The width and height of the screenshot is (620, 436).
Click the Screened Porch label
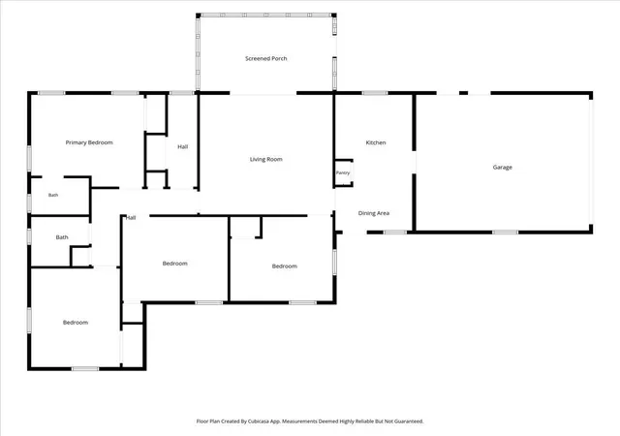265,58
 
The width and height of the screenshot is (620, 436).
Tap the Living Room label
265,159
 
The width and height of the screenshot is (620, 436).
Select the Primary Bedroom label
89,142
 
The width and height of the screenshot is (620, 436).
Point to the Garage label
502,168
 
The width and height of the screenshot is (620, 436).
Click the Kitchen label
376,142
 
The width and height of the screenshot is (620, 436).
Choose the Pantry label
343,172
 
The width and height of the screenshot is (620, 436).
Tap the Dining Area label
374,213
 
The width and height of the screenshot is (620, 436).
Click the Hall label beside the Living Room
182,146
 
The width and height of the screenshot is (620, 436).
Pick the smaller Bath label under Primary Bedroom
53,195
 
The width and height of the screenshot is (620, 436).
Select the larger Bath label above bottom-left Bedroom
62,237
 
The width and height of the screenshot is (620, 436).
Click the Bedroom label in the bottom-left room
76,323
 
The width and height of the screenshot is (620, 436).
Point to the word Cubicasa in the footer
259,421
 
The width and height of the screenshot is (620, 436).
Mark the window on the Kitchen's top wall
375,93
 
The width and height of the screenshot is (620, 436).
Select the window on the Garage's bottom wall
505,233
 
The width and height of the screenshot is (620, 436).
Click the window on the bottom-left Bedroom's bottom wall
85,369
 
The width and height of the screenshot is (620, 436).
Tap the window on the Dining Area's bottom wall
395,233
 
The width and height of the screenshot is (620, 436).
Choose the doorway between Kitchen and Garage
414,162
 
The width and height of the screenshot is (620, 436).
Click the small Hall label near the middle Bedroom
131,218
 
